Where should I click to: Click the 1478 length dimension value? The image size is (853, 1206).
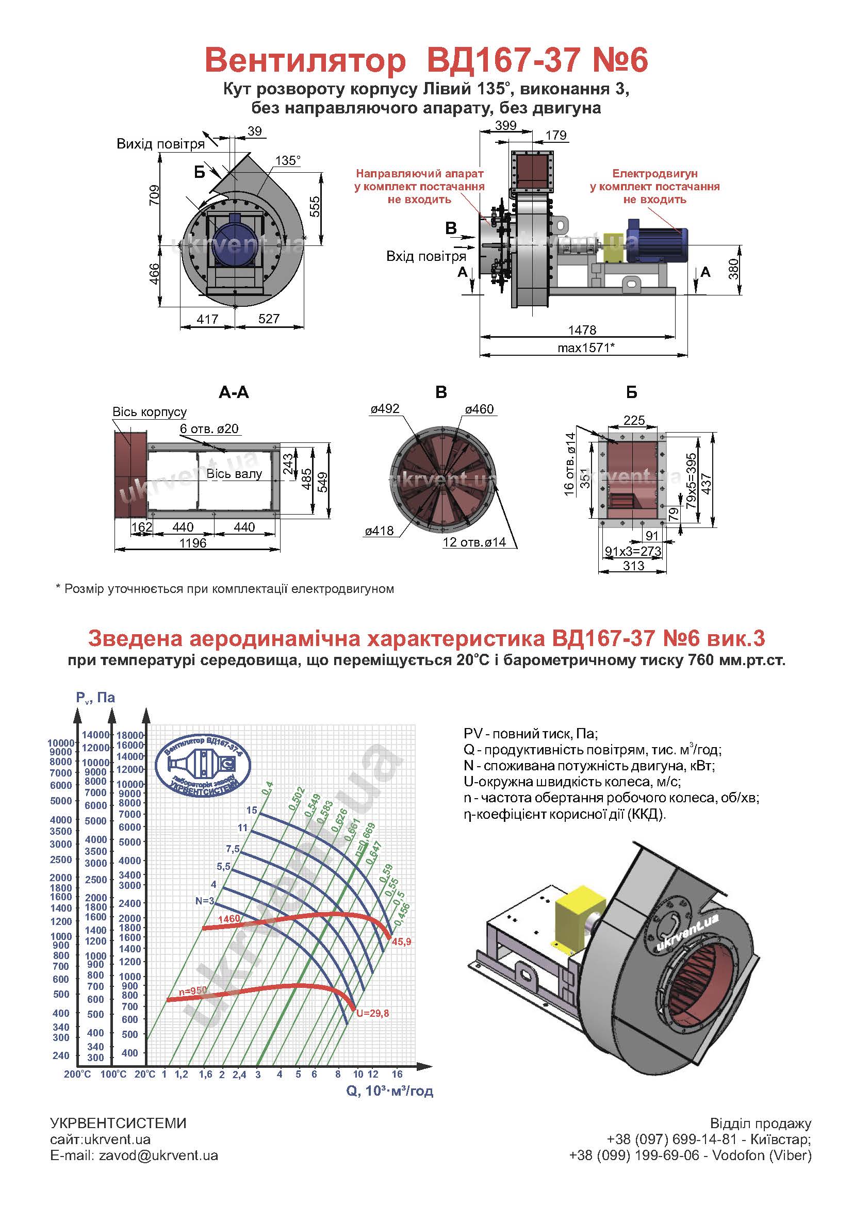point(582,330)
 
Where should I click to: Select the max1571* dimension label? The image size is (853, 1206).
point(586,348)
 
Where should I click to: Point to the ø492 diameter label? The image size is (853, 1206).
point(385,409)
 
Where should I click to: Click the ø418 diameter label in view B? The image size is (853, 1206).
point(379,531)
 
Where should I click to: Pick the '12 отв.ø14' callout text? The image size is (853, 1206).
point(474,542)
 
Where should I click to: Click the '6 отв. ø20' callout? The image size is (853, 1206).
point(209,428)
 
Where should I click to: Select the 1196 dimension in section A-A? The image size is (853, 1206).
point(193,543)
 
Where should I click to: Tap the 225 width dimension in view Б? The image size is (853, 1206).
point(634,420)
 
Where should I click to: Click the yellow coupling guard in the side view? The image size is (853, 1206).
point(613,247)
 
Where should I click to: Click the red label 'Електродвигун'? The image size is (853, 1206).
point(654,173)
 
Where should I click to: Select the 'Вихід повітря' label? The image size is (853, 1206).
point(160,144)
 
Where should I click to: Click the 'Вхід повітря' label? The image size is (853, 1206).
point(426,256)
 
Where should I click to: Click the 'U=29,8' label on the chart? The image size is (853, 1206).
point(372,1013)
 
